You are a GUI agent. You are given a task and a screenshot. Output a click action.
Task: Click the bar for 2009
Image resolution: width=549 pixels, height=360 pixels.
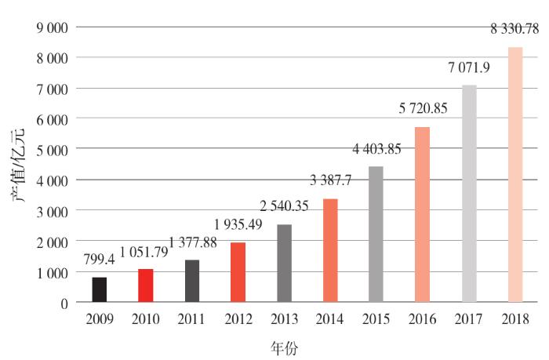[99, 289]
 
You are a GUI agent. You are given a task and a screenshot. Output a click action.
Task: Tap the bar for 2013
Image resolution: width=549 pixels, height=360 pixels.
[284, 263]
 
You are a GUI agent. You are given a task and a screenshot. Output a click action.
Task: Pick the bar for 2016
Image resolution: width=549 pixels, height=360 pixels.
[423, 214]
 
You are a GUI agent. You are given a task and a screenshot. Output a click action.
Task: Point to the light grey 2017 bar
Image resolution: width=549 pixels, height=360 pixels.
[469, 193]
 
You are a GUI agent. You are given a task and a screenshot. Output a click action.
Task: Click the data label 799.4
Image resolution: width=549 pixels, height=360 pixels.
[99, 260]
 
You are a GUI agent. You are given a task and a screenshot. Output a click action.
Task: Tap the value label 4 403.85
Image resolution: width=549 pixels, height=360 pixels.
[377, 149]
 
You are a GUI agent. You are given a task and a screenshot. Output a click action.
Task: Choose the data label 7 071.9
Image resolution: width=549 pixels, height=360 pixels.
[469, 68]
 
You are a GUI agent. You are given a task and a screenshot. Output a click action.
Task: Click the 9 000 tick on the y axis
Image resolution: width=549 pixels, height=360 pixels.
[51, 27]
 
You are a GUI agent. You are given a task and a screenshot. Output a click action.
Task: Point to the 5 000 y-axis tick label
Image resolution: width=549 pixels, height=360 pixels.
[51, 150]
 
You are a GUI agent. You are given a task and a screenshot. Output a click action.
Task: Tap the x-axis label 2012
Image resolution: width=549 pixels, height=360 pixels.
[238, 320]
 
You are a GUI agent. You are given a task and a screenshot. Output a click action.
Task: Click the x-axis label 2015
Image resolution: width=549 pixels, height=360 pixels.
[377, 320]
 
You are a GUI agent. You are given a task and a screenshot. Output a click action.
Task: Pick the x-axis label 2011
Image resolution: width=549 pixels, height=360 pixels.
[191, 320]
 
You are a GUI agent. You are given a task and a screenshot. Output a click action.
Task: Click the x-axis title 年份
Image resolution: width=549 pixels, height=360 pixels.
[284, 346]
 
